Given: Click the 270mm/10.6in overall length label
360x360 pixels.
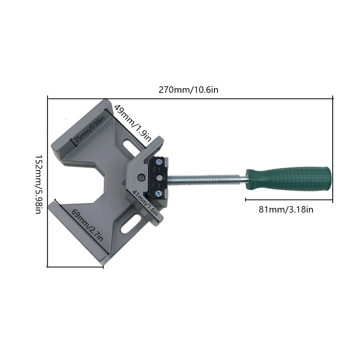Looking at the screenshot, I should coord(188,90).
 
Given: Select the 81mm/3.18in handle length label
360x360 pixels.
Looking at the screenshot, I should coord(286,209).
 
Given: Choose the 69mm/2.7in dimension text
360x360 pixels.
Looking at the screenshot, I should coord(87,225).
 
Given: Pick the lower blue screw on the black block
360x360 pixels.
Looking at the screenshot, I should coord(159,193).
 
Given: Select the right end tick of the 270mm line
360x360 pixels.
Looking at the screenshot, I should coord(333,98).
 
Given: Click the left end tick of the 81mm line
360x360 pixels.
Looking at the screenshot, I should coord(246,199).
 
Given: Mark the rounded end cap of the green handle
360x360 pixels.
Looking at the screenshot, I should coord(326,179).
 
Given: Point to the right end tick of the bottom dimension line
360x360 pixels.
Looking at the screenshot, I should coord(104,267).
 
